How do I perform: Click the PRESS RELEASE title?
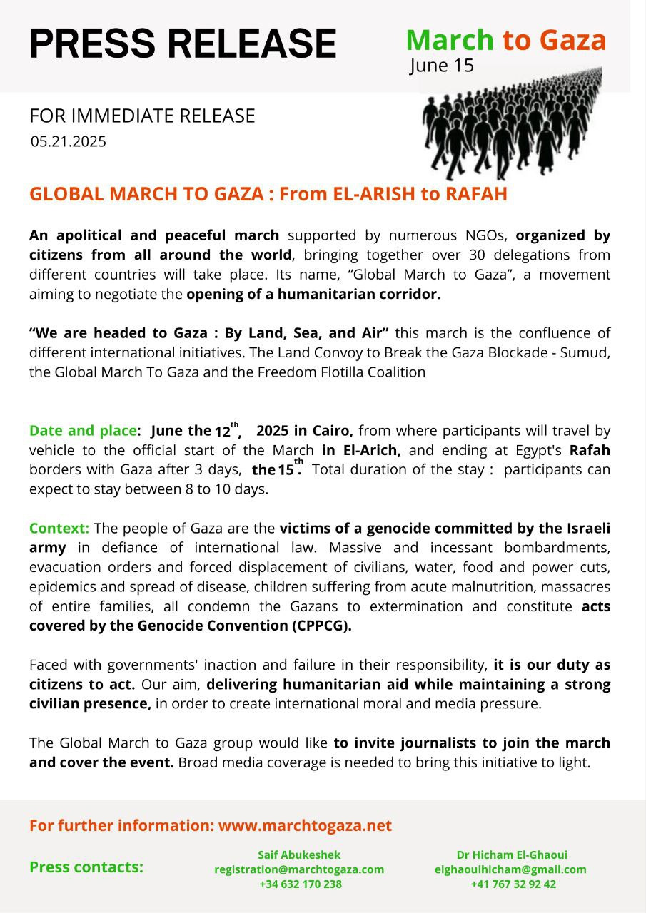pyautogui.click(x=183, y=44)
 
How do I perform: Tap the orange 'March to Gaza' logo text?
pyautogui.click(x=506, y=40)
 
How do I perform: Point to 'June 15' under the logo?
pyautogui.click(x=441, y=66)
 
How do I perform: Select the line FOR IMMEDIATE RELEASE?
pyautogui.click(x=142, y=116)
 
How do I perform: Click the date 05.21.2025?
pyautogui.click(x=68, y=141)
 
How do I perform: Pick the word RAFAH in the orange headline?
pyautogui.click(x=476, y=194)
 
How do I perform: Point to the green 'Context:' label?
pyautogui.click(x=59, y=529)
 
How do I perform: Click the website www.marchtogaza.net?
pyautogui.click(x=305, y=826)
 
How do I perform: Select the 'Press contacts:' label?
pyautogui.click(x=86, y=867)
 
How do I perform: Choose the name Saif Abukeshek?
pyautogui.click(x=299, y=855)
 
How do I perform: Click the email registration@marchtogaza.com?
pyautogui.click(x=299, y=869)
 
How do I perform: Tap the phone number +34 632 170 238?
pyautogui.click(x=300, y=884)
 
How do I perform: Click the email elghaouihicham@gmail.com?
pyautogui.click(x=510, y=869)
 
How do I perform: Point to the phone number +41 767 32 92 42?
pyautogui.click(x=513, y=884)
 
